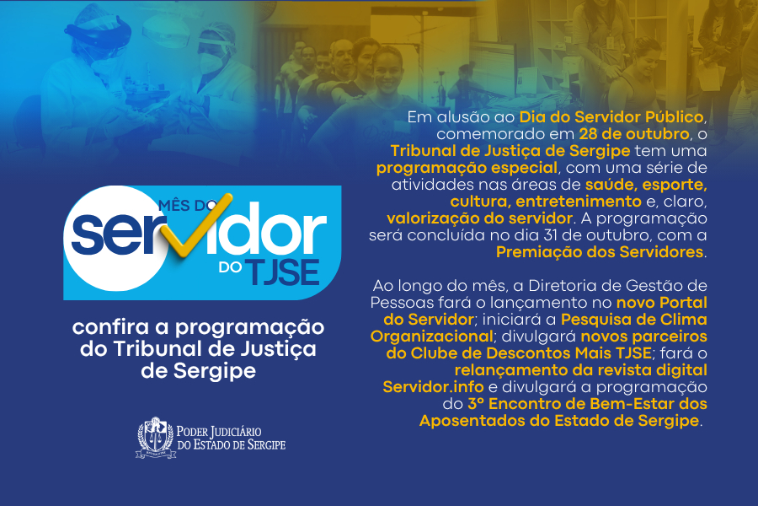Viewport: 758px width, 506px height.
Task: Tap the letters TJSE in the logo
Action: point(283,272)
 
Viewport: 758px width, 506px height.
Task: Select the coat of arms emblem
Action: point(156,438)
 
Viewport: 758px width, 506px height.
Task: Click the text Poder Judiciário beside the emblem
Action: point(219,431)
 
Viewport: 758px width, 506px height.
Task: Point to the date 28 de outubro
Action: point(634,133)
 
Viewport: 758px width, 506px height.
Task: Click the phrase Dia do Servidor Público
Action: point(611,116)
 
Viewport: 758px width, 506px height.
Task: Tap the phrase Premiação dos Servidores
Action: point(600,252)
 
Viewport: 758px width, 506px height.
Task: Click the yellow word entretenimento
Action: point(579,201)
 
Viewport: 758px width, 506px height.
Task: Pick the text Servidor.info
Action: point(433,387)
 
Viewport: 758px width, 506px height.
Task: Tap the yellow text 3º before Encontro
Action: point(475,404)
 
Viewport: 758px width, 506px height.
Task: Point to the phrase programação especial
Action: point(467,168)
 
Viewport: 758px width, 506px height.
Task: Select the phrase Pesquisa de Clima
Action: point(633,320)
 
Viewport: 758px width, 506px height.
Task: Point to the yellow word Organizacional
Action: point(432,336)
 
